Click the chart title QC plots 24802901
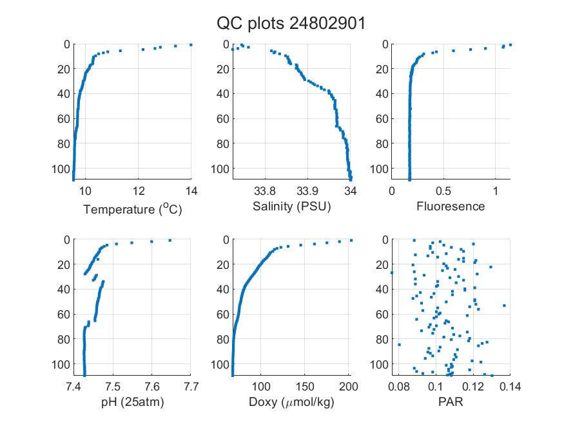291,24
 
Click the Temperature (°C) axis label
133,209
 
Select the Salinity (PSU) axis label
292,206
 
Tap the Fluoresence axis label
451,206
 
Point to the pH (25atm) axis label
132,402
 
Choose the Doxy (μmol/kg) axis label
292,402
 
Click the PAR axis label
451,401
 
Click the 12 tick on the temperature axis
139,191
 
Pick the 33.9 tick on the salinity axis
307,191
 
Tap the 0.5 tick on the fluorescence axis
443,191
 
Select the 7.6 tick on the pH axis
151,387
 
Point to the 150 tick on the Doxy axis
305,387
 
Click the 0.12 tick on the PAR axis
473,387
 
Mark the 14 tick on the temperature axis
191,191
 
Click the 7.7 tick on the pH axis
191,387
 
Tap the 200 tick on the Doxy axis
349,387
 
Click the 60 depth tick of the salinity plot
223,119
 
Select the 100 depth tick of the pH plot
61,365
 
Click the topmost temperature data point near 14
191,45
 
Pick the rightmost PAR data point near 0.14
504,306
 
